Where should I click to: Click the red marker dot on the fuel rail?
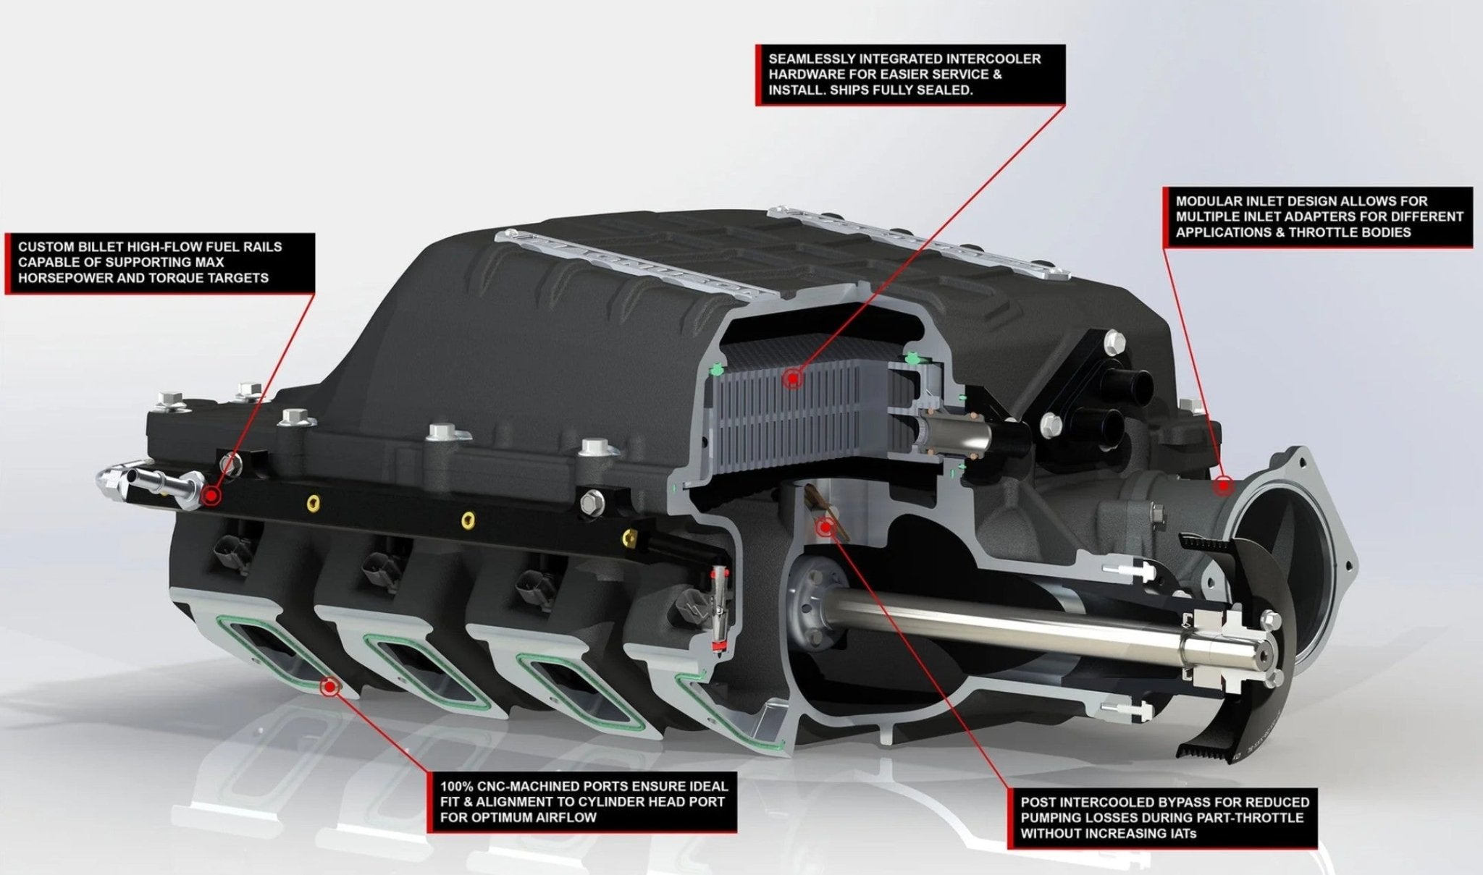click(211, 496)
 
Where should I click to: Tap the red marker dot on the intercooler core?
click(794, 378)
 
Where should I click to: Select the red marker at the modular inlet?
click(1223, 486)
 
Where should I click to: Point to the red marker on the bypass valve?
click(825, 528)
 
